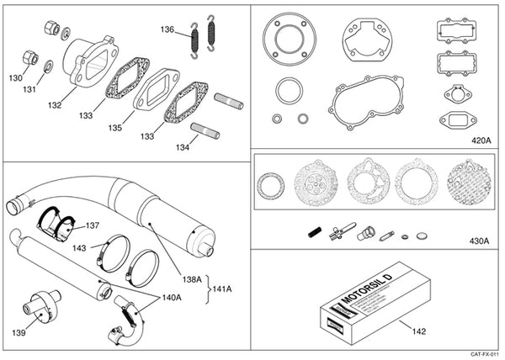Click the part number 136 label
[168, 29]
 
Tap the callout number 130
[16, 77]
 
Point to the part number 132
[56, 107]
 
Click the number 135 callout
[114, 128]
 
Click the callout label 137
[92, 226]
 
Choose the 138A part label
[193, 279]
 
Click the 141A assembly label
[224, 288]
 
